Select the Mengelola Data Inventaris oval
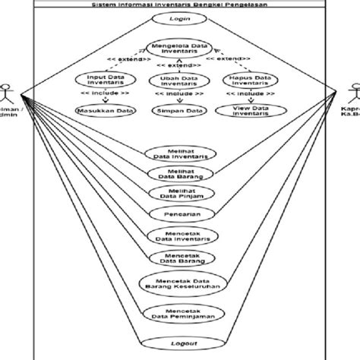tap(180, 48)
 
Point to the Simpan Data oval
tap(179, 111)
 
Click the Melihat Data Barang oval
tap(179, 174)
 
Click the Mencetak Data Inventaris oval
tap(179, 235)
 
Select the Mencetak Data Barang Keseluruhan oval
tap(179, 283)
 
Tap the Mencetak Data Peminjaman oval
tap(179, 314)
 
